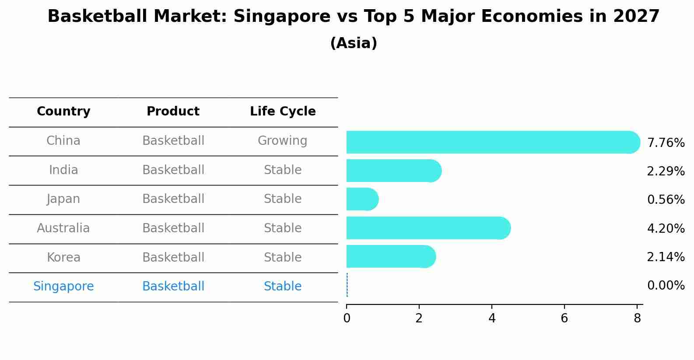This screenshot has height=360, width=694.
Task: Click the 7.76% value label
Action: [666, 143]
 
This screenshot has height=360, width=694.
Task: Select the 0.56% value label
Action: [666, 200]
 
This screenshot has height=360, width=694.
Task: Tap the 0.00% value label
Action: [666, 286]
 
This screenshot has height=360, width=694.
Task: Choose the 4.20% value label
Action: [666, 228]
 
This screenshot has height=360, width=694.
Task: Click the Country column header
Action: [63, 112]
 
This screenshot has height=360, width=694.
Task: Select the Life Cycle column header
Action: [283, 112]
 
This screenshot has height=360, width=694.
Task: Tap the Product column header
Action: [173, 112]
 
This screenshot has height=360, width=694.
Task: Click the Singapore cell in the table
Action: [63, 287]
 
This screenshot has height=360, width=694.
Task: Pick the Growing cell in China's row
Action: [282, 141]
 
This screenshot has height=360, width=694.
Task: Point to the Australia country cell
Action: [63, 228]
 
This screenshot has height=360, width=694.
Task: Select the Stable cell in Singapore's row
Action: [282, 287]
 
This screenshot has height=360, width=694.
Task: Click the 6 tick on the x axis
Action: [564, 318]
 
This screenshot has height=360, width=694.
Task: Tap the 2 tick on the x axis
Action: [419, 318]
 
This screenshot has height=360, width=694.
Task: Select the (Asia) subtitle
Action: [354, 43]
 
